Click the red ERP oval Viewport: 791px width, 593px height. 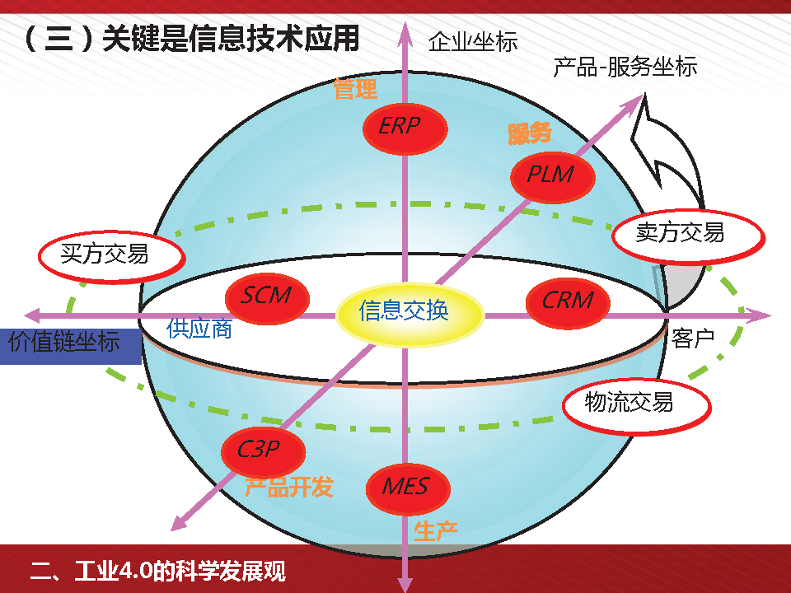pyautogui.click(x=405, y=128)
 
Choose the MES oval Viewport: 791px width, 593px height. pyautogui.click(x=408, y=488)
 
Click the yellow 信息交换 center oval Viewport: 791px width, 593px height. pyautogui.click(x=410, y=312)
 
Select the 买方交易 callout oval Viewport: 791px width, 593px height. pyautogui.click(x=110, y=256)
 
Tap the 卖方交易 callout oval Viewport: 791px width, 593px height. pyautogui.click(x=687, y=236)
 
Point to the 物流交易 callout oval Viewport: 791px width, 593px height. pyautogui.click(x=635, y=404)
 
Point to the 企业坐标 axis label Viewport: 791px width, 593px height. pyautogui.click(x=473, y=42)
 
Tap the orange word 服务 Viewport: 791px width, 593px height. pyautogui.click(x=529, y=133)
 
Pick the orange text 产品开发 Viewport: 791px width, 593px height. pyautogui.click(x=289, y=488)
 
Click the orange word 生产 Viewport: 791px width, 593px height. pyautogui.click(x=436, y=530)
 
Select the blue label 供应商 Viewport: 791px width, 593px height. pyautogui.click(x=199, y=329)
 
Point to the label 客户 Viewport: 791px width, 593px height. pyautogui.click(x=692, y=338)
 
